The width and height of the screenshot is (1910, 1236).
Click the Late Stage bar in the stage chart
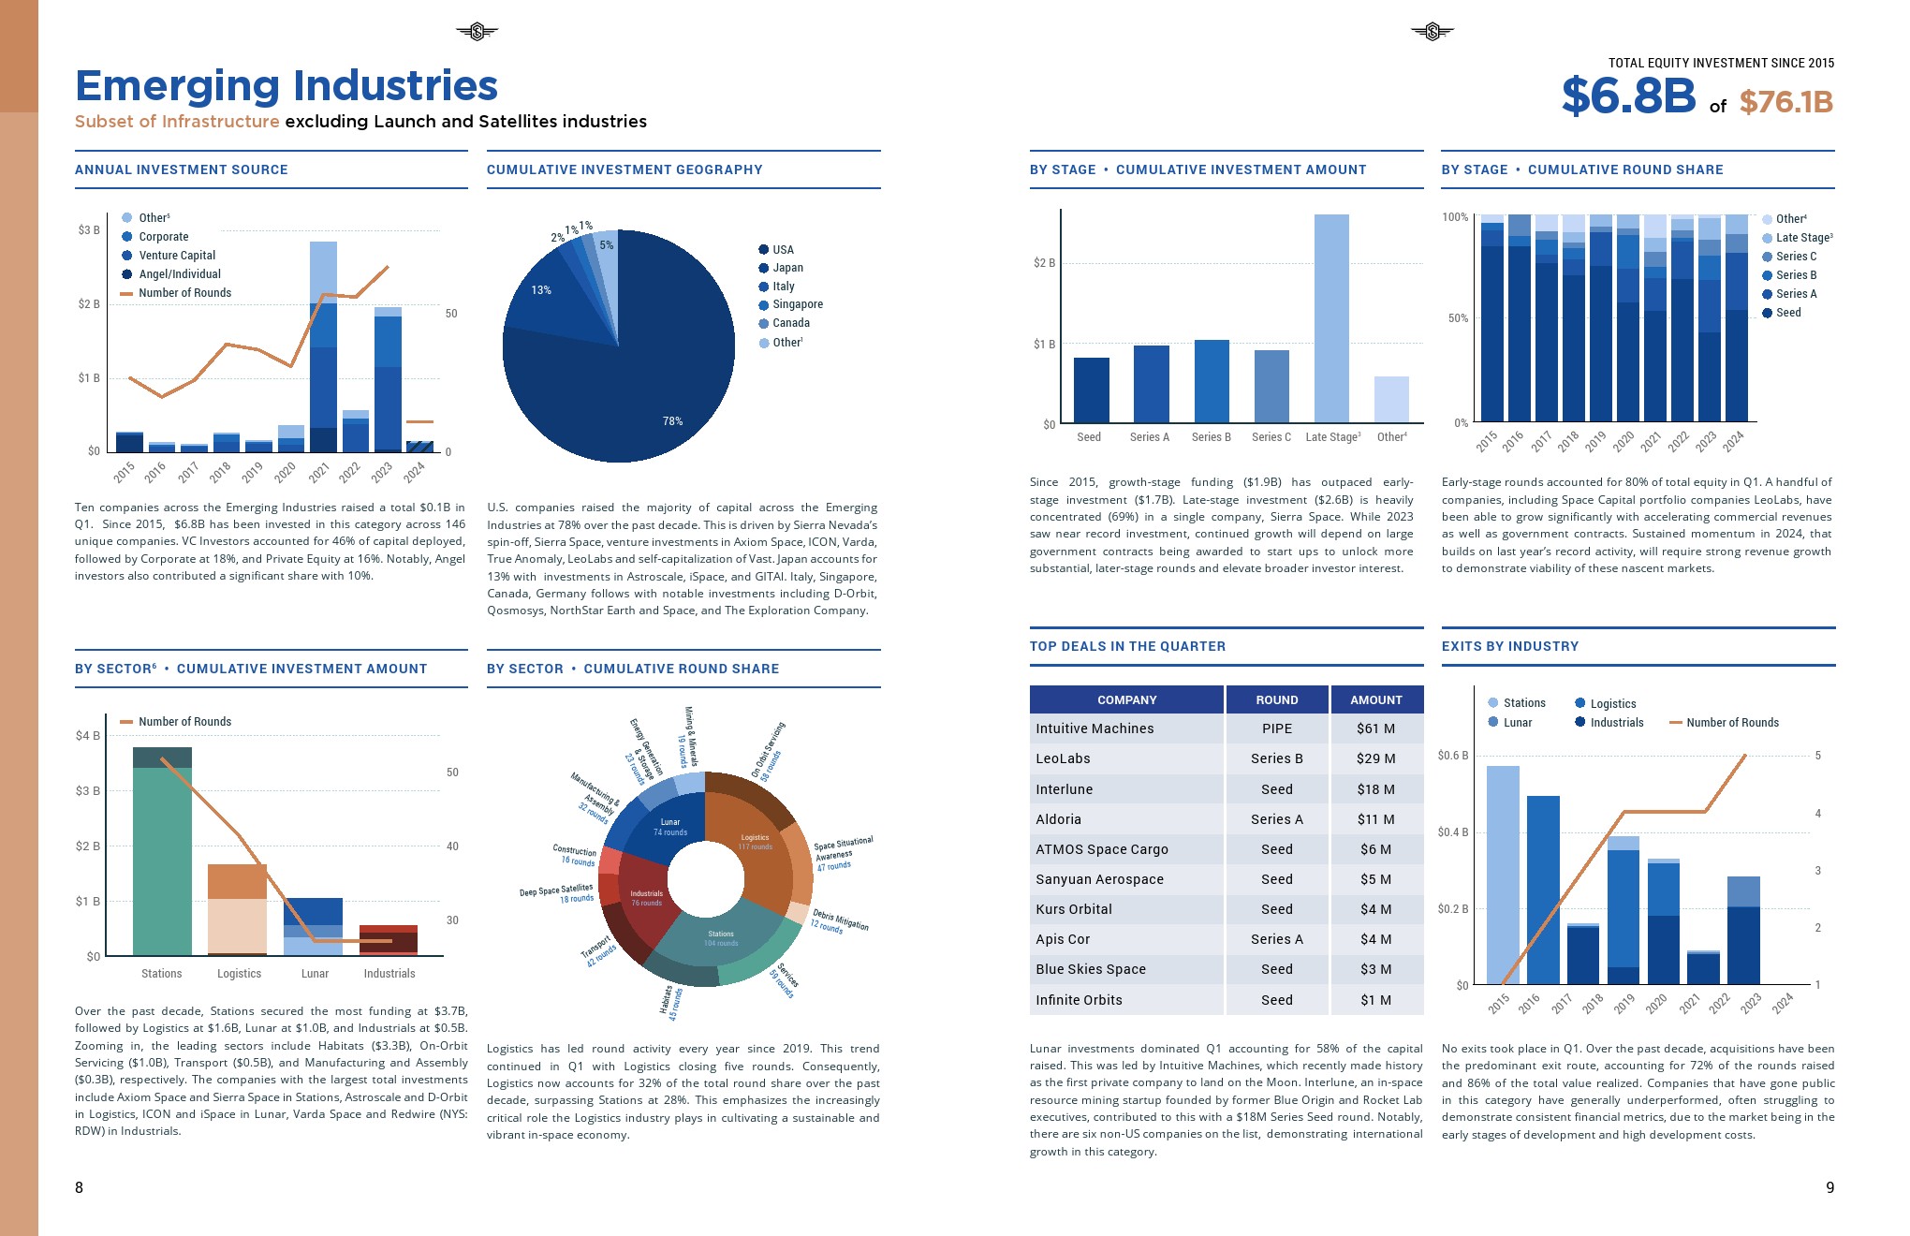(1330, 318)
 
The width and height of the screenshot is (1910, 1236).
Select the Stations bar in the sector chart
(162, 852)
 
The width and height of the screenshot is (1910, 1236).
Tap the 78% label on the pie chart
(672, 421)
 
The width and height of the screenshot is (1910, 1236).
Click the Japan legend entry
(787, 268)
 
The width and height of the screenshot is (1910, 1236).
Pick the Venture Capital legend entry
(176, 256)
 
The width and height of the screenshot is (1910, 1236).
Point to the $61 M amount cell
(1375, 728)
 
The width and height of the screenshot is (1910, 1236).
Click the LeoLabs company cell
(1063, 758)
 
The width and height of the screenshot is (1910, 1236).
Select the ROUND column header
(1276, 699)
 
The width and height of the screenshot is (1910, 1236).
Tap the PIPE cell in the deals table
(1276, 728)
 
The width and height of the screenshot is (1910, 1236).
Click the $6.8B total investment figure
(1628, 96)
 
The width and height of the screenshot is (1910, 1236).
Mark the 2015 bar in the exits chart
(1503, 875)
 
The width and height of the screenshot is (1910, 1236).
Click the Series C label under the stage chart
(1271, 437)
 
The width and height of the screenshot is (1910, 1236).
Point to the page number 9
(1829, 1187)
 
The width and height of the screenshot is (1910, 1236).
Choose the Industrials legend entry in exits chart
(1616, 723)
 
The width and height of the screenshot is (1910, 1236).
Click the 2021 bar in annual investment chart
(323, 346)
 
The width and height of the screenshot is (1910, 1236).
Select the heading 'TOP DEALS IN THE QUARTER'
(1127, 646)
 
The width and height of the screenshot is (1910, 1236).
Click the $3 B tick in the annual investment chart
(89, 230)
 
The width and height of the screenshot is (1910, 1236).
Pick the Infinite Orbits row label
(1079, 1000)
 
